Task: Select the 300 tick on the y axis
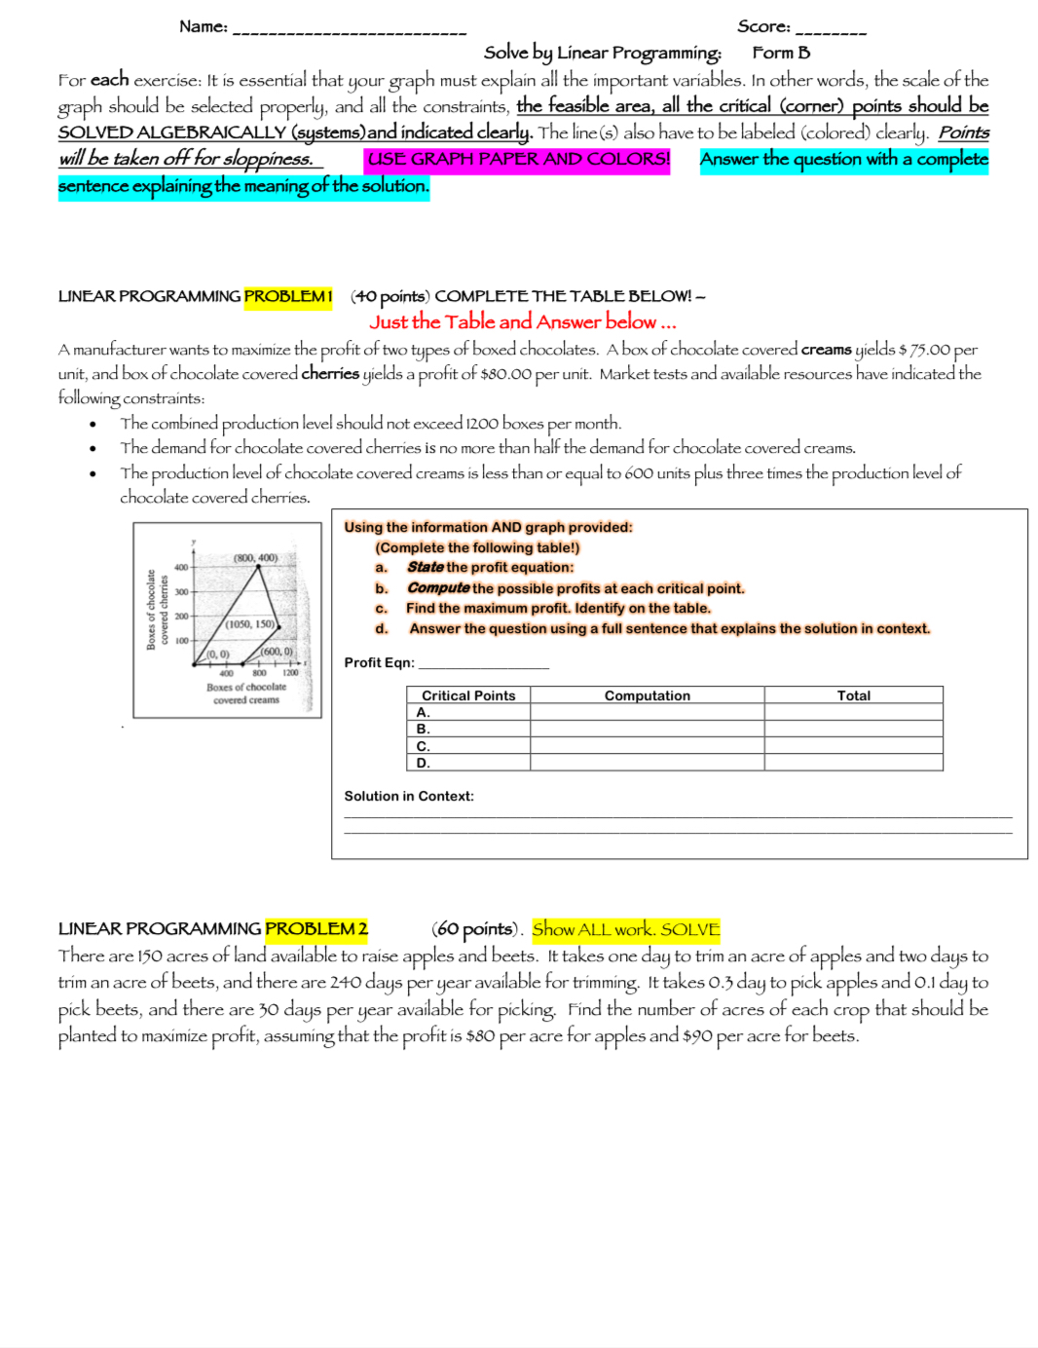click(181, 591)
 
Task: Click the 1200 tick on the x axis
click(290, 673)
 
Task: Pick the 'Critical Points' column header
click(468, 695)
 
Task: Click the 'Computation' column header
click(647, 695)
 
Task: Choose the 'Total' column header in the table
click(853, 695)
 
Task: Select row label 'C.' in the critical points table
click(424, 746)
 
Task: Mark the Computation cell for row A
click(647, 712)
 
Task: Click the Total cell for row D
click(853, 763)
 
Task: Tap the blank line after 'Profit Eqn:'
click(483, 663)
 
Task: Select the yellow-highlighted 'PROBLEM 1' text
click(288, 296)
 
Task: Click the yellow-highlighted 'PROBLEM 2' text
click(316, 929)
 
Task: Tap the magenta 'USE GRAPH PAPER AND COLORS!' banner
click(518, 159)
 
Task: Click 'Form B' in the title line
click(781, 53)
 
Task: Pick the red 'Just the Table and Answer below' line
click(522, 321)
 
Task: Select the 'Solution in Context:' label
click(409, 796)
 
